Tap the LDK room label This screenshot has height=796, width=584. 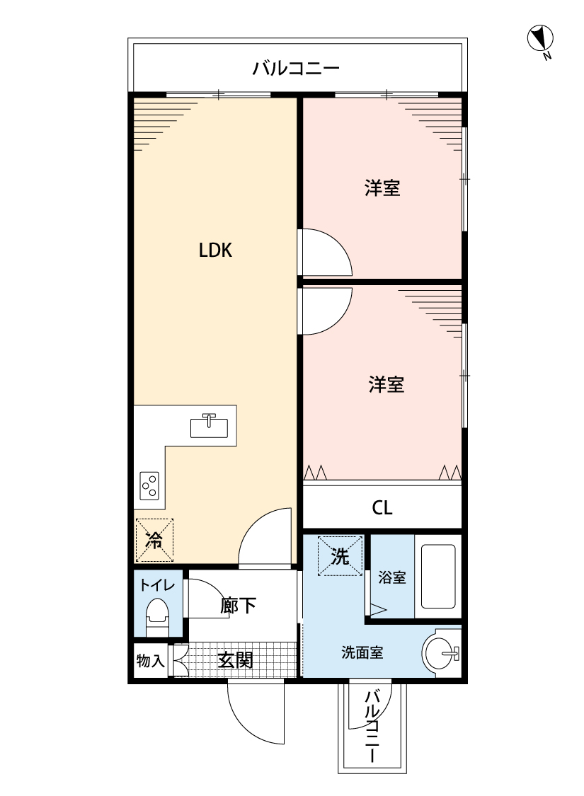pyautogui.click(x=215, y=250)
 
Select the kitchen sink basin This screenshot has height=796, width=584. pyautogui.click(x=210, y=427)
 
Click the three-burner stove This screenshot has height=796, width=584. pyautogui.click(x=149, y=486)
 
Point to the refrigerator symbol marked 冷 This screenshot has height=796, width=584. pyautogui.click(x=154, y=540)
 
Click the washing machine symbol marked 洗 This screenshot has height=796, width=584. pyautogui.click(x=340, y=556)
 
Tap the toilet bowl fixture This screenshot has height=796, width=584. pyautogui.click(x=157, y=616)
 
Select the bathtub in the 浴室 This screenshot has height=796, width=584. pyautogui.click(x=437, y=576)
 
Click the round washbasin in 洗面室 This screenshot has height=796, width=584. pyautogui.click(x=440, y=653)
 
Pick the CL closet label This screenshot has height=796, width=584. pyautogui.click(x=382, y=507)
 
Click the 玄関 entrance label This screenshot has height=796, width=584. pyautogui.click(x=236, y=660)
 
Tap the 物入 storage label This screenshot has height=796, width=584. pyautogui.click(x=150, y=661)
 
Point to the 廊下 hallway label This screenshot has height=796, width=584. pyautogui.click(x=238, y=605)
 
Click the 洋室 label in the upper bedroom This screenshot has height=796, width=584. pyautogui.click(x=382, y=188)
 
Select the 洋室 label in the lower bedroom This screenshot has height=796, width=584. pyautogui.click(x=387, y=384)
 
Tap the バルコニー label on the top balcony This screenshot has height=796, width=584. pyautogui.click(x=296, y=67)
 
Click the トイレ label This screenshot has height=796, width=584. pyautogui.click(x=157, y=585)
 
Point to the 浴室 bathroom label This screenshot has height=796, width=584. pyautogui.click(x=392, y=577)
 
